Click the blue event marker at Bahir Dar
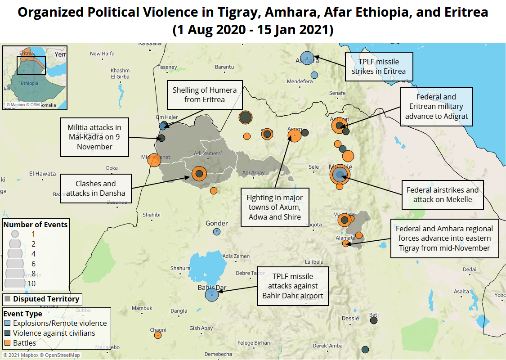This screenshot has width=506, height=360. click(211, 295)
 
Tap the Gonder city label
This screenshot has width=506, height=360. click(217, 223)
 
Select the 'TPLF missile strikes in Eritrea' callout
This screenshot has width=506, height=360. click(379, 67)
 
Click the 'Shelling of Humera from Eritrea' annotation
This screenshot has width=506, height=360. click(205, 95)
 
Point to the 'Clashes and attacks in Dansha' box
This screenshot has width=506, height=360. click(96, 188)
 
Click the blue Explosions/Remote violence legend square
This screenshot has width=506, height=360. click(8, 323)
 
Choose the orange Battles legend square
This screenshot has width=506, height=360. click(8, 343)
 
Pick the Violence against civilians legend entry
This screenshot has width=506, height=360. click(54, 333)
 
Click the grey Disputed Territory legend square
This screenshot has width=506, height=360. click(8, 299)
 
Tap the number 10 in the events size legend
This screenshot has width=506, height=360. click(31, 283)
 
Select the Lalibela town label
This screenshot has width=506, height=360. click(314, 261)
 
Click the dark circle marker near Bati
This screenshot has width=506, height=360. click(373, 320)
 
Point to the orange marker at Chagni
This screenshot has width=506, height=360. click(157, 335)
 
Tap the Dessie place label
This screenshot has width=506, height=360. click(350, 318)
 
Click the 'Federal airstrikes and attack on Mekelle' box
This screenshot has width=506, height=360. click(443, 194)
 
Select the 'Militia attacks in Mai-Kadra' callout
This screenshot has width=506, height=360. click(94, 137)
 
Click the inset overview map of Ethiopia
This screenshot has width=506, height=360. click(35, 77)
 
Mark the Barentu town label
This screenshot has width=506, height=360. click(224, 67)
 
